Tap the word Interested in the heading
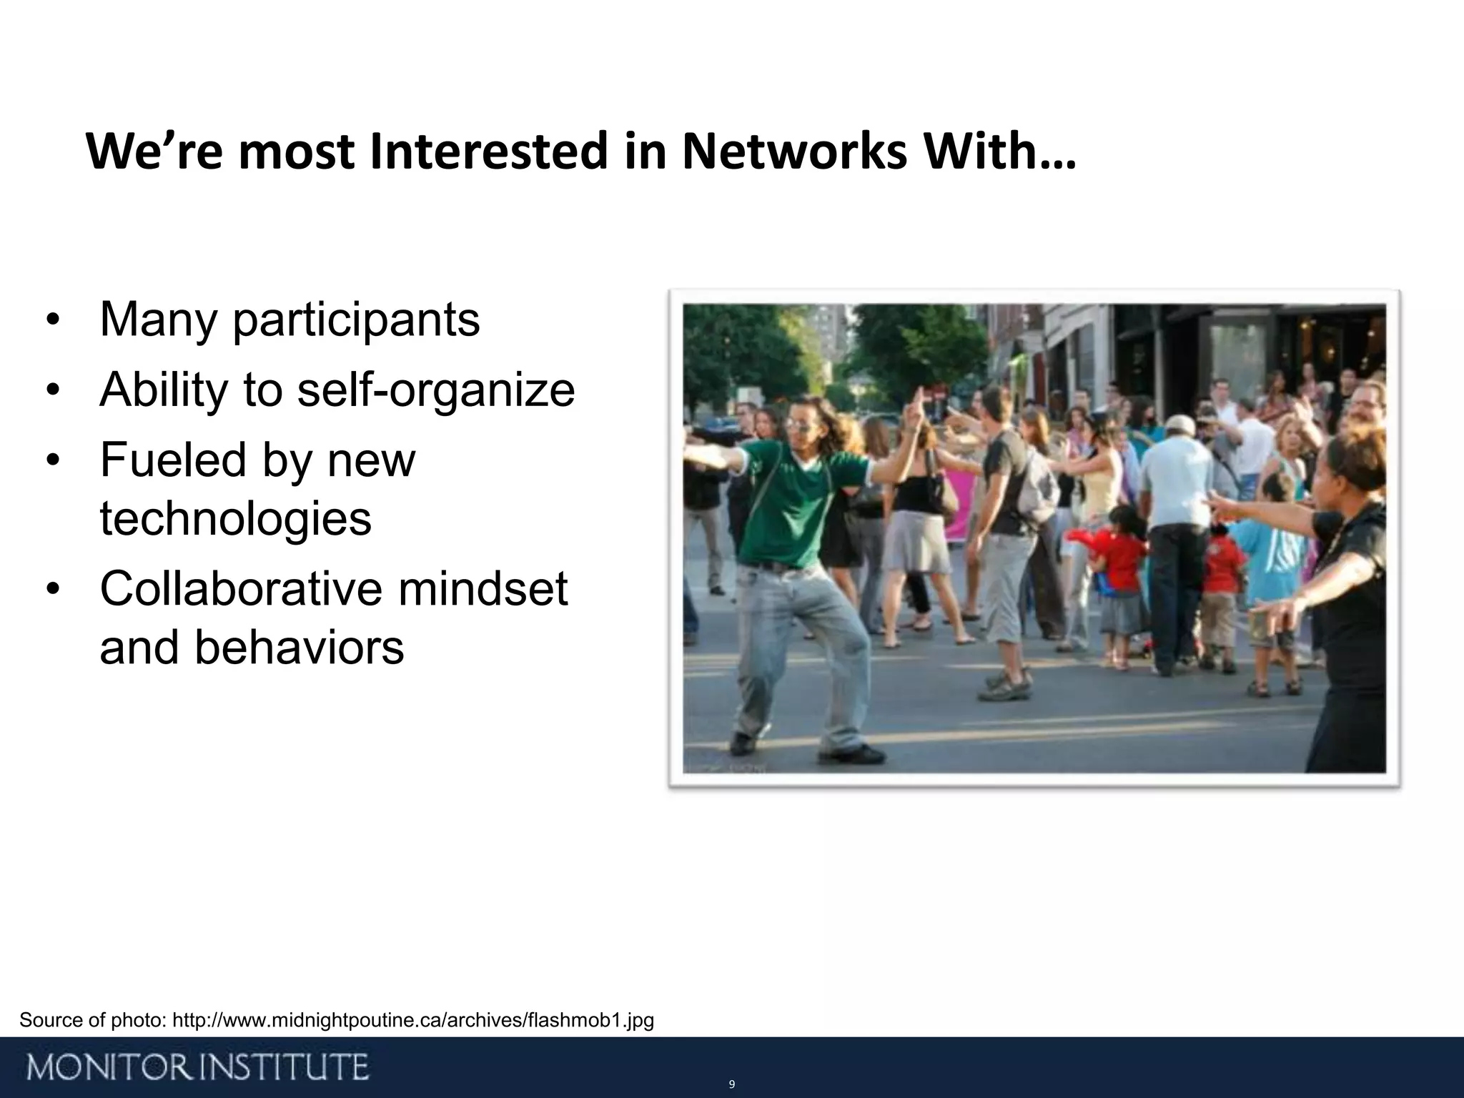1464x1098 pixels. tap(490, 152)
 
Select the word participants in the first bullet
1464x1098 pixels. tap(356, 321)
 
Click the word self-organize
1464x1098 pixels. tap(435, 390)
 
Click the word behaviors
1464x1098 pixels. tap(299, 648)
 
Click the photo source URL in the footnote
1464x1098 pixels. tap(413, 1020)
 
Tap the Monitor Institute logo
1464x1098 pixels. tap(199, 1067)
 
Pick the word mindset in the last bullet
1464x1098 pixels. tap(483, 589)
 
